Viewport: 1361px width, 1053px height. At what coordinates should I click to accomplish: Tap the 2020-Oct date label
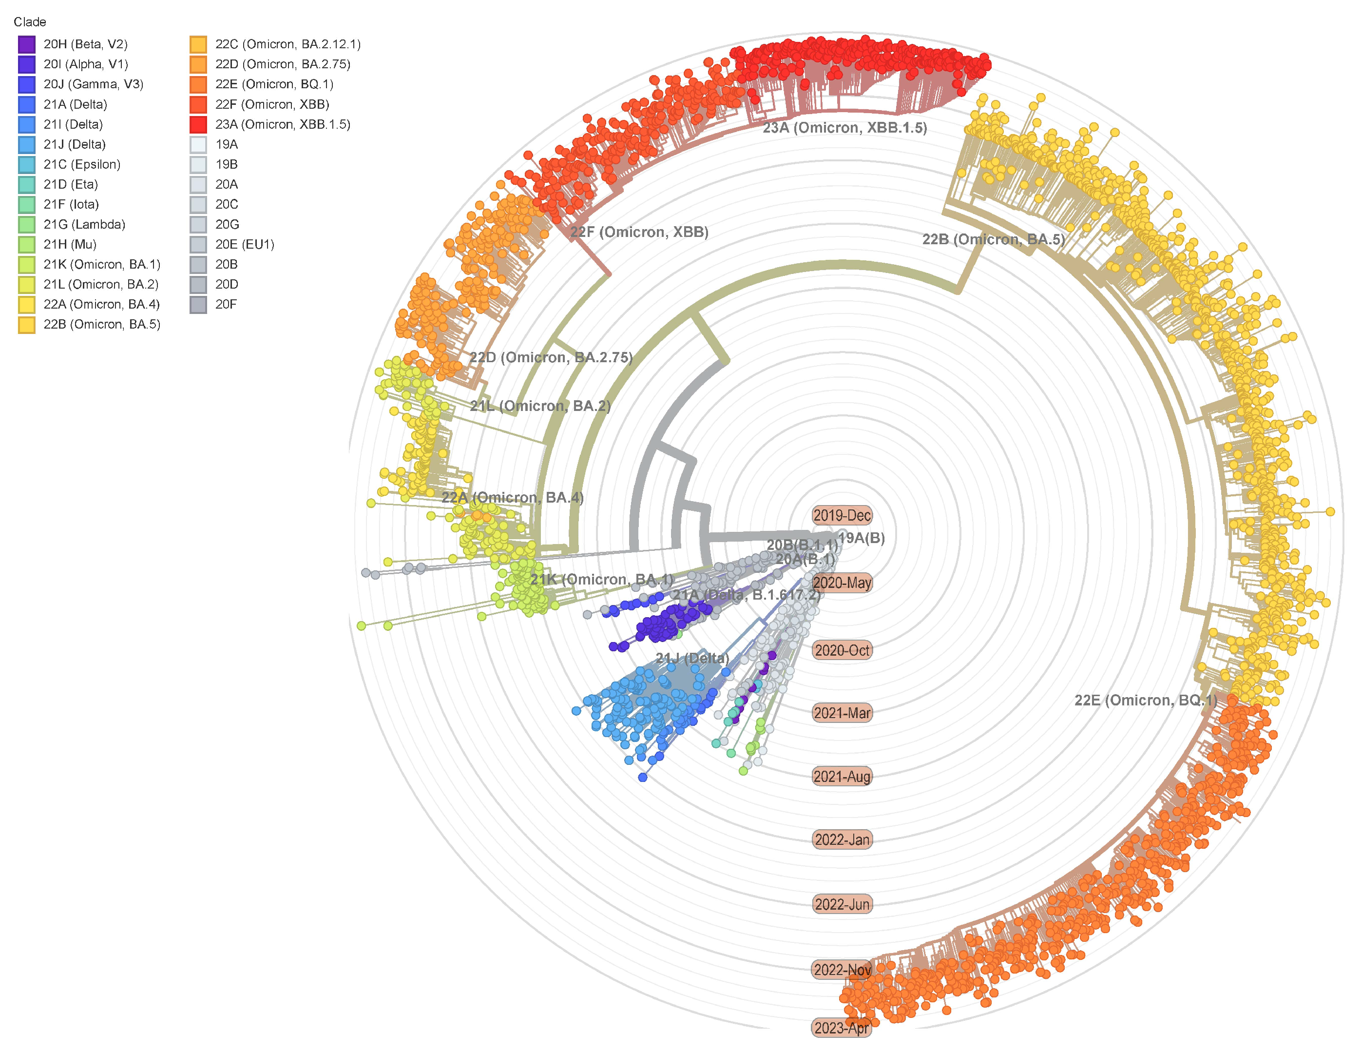[x=842, y=650]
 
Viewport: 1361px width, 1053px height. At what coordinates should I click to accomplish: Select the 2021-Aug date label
[x=842, y=776]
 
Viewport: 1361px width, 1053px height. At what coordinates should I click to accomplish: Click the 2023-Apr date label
[x=841, y=1028]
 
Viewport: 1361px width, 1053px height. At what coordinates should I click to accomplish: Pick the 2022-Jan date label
[x=842, y=840]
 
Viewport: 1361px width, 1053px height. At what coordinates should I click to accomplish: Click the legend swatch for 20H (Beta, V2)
[x=27, y=44]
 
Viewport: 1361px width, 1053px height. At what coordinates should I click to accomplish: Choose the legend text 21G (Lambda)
[x=84, y=224]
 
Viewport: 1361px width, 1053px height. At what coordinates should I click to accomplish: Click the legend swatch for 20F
[x=198, y=305]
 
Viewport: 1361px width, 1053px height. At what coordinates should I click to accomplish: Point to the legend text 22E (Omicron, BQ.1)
[x=274, y=84]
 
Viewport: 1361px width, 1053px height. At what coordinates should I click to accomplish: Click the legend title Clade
[x=30, y=22]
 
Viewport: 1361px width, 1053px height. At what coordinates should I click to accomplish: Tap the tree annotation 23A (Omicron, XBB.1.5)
[x=844, y=128]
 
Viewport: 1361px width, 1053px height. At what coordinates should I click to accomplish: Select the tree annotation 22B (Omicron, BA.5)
[x=993, y=239]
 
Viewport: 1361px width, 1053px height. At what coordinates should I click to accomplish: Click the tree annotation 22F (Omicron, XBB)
[x=639, y=232]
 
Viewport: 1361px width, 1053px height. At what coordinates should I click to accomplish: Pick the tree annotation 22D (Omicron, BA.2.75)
[x=551, y=357]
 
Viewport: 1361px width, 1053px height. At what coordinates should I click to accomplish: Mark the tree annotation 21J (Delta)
[x=692, y=658]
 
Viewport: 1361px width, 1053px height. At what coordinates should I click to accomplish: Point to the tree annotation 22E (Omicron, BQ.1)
[x=1146, y=700]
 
